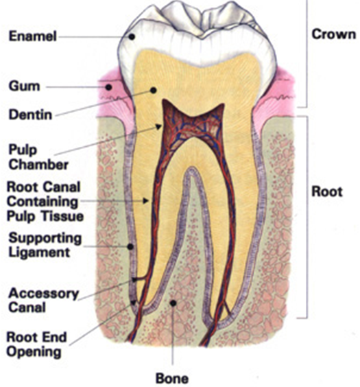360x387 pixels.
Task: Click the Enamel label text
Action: pos(32,36)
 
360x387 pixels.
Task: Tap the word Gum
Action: pos(24,86)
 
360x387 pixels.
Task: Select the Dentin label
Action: pos(30,115)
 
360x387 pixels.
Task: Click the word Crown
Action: pos(334,34)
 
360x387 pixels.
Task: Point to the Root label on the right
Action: pos(327,191)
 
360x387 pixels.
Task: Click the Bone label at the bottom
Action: pos(172,378)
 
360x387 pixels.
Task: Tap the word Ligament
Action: pos(39,253)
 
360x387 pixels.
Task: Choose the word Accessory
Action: pos(44,294)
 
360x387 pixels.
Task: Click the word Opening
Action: pos(34,352)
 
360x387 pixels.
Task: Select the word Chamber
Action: pos(38,165)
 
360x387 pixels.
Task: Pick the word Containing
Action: pos(42,202)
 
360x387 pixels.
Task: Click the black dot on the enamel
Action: pos(132,37)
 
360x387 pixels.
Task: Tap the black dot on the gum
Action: pos(108,87)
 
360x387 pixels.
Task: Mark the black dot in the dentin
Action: pos(154,91)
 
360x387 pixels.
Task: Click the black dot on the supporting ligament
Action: pos(130,246)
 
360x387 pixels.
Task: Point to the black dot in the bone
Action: pos(173,303)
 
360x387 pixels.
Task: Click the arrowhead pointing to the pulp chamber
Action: pos(158,127)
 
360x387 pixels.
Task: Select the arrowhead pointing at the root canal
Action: pos(146,201)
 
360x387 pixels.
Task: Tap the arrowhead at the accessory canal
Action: pos(134,279)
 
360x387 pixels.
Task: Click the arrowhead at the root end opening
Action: pos(134,303)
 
